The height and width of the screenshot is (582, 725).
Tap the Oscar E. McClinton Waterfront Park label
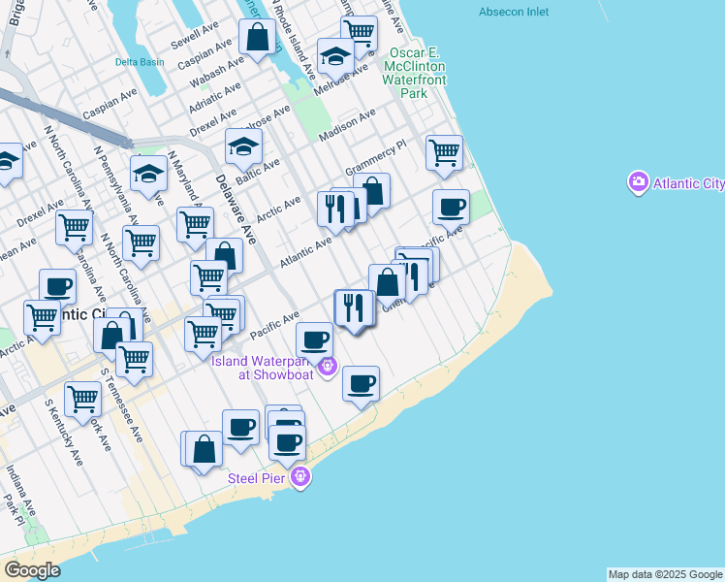422,74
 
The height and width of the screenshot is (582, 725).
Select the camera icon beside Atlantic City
638,181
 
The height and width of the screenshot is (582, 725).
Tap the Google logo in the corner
32,570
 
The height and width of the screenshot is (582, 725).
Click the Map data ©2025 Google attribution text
664,574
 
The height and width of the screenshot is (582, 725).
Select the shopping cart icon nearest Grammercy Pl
444,152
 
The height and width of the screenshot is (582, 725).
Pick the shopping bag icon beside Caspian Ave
259,39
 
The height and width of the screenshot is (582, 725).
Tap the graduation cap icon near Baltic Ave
243,147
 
